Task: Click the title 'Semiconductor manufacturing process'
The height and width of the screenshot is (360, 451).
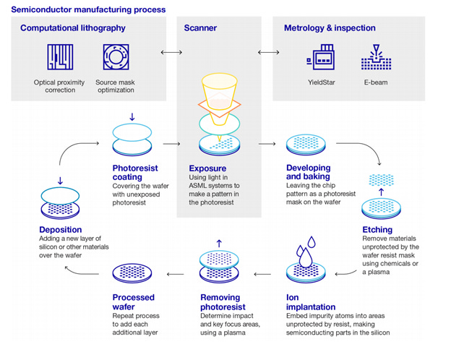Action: (85, 10)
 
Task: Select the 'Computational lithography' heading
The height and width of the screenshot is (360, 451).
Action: (73, 28)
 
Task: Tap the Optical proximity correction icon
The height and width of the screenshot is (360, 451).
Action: (61, 59)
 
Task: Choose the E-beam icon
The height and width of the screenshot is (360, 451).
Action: (376, 59)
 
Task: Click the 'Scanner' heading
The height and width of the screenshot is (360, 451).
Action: (200, 28)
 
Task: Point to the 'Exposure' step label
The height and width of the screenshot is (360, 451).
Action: (207, 168)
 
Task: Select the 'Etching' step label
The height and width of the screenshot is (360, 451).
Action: (377, 230)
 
